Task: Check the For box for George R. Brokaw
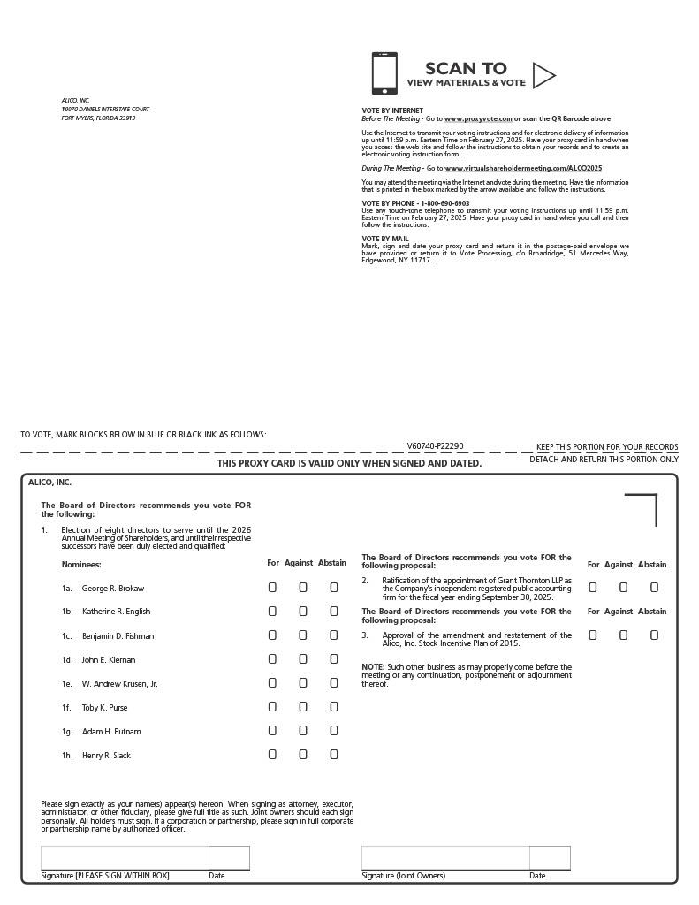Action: point(272,587)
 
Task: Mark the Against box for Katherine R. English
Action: point(303,611)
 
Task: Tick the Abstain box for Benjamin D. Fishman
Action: point(334,635)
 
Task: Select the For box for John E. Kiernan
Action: point(272,658)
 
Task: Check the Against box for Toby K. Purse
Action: point(303,706)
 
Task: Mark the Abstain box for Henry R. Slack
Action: point(334,754)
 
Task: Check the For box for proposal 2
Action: point(593,587)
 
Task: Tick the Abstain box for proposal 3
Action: point(655,635)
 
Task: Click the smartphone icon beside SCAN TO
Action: point(384,73)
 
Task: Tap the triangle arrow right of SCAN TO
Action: point(543,76)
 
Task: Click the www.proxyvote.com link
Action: point(478,118)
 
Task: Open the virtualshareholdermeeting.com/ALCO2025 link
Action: point(523,168)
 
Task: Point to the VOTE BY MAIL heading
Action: point(385,239)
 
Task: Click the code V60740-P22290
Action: point(435,446)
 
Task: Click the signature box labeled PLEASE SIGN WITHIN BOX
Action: point(125,858)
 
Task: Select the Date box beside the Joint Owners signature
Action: point(550,858)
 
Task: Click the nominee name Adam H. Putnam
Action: point(111,731)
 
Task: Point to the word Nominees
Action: point(81,564)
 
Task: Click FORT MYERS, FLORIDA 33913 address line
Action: point(98,118)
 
